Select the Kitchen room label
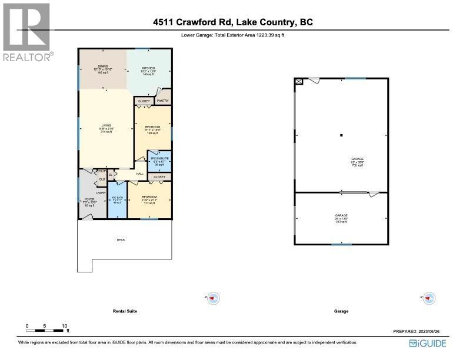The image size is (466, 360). tap(148, 71)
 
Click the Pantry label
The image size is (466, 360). tap(162, 101)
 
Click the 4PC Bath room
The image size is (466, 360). tap(118, 200)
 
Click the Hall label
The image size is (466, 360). tap(140, 174)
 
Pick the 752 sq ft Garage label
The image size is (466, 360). tap(358, 162)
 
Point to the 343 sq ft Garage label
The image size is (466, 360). tap(341, 219)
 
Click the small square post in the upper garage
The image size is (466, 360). tap(341, 135)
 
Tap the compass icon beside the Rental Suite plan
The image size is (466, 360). tap(214, 298)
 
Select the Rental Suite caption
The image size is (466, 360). tap(125, 311)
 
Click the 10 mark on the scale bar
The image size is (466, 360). tap(65, 325)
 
